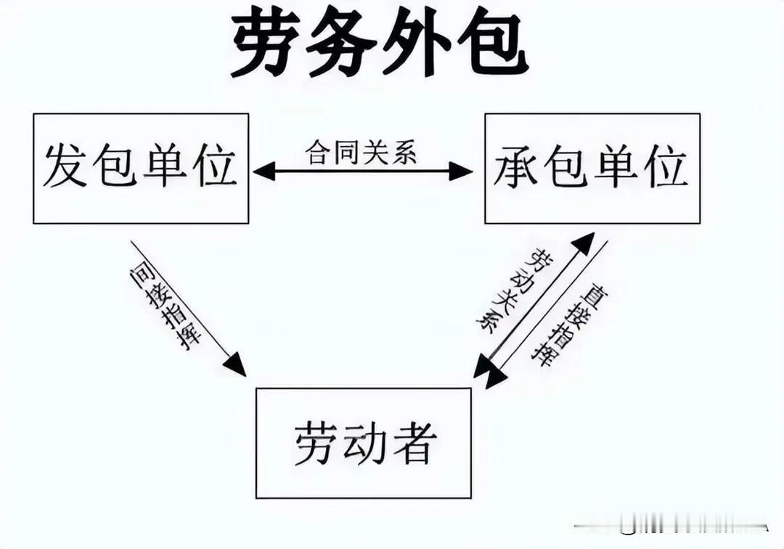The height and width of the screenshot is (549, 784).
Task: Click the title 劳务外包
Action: [x=380, y=44]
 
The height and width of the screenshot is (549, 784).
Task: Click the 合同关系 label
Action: [x=362, y=152]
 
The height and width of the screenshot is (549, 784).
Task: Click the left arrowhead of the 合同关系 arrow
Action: [x=264, y=171]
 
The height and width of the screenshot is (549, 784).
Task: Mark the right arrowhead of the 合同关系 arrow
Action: [x=461, y=171]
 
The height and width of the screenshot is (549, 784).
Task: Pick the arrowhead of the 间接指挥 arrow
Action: [x=235, y=365]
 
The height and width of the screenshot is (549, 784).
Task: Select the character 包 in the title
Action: [x=492, y=44]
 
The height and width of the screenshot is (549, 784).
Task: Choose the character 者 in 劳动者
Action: [x=412, y=442]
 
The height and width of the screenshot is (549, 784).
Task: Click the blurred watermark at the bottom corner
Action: [x=671, y=526]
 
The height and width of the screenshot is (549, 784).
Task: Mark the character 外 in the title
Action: [x=417, y=44]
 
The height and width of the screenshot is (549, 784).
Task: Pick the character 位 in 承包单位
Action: [x=666, y=166]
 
